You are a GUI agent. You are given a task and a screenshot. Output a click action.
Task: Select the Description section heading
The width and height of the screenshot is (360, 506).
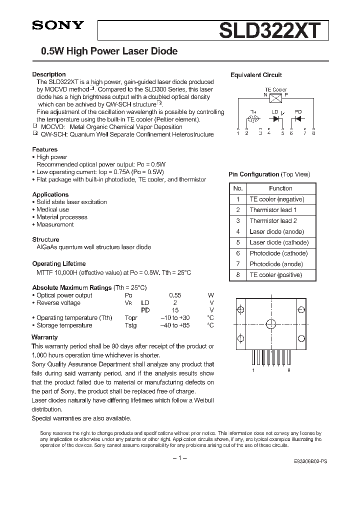[x=49, y=74]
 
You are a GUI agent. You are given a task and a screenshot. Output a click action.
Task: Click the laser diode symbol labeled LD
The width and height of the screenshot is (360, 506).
[x=275, y=119]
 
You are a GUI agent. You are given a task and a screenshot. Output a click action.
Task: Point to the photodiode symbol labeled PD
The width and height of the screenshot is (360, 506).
[x=298, y=119]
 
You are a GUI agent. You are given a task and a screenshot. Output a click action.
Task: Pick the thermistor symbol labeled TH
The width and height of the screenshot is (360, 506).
[x=253, y=119]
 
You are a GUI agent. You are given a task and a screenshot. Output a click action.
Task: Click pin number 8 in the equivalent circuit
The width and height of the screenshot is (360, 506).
[x=313, y=133]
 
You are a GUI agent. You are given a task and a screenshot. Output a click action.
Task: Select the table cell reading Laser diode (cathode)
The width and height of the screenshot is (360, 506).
[x=279, y=242]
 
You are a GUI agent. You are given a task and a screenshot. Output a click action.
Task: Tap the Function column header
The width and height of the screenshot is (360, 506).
[x=280, y=188]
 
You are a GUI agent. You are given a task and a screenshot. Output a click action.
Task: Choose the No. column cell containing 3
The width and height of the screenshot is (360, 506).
[x=238, y=221]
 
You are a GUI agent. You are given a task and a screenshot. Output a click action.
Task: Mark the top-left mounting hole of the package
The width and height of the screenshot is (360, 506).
[x=241, y=310]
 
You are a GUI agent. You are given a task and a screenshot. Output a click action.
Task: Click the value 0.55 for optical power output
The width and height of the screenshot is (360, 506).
[x=175, y=295]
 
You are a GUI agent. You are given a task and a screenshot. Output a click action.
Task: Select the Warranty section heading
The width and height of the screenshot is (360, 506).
[x=44, y=337]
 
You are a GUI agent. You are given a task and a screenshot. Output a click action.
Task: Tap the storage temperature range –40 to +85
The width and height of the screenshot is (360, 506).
[x=174, y=325]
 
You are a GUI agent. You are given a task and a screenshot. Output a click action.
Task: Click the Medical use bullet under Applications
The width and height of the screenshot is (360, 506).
[x=52, y=209]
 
